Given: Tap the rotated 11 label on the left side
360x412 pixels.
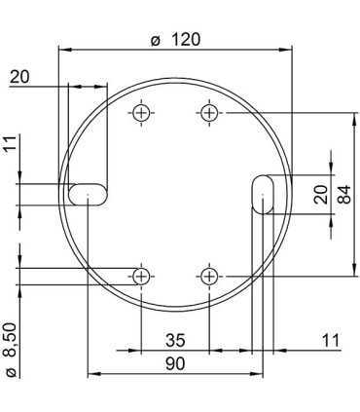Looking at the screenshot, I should tap(10, 147).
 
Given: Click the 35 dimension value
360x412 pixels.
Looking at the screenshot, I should tap(175, 340).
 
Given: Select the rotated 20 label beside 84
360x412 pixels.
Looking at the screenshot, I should tap(322, 194).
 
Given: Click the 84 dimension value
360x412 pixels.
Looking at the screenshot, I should tap(342, 194).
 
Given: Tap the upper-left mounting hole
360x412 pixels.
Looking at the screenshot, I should tap(143, 112).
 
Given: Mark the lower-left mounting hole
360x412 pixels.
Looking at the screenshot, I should tap(143, 276).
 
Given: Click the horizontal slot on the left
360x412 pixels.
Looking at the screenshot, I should tap(88, 193).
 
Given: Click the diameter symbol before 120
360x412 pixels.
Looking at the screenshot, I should tap(155, 40).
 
